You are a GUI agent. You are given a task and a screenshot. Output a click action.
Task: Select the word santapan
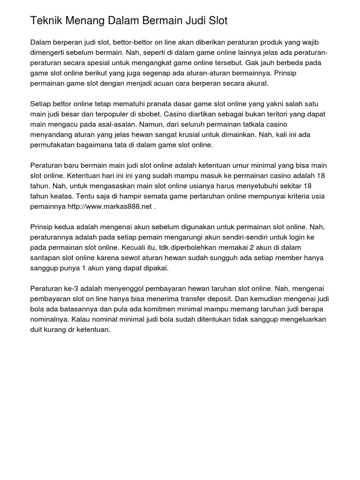tap(46, 258)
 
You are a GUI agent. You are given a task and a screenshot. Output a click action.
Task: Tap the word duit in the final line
tap(37, 330)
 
